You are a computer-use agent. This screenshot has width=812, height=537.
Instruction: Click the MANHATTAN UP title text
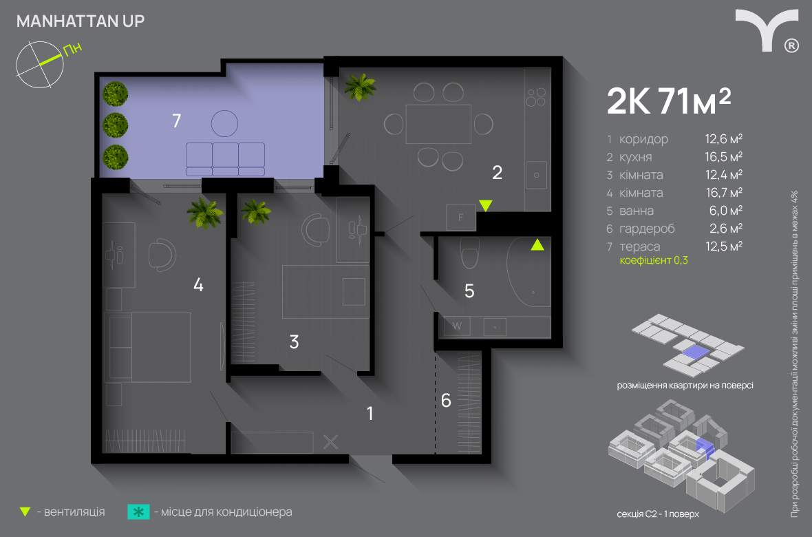(x=81, y=21)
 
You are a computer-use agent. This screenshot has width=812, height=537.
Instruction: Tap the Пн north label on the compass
(x=72, y=49)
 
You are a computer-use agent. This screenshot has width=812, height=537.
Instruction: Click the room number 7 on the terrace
(x=177, y=120)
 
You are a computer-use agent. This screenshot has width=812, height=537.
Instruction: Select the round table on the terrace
(x=225, y=123)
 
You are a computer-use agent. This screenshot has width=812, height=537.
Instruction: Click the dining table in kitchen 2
(x=438, y=124)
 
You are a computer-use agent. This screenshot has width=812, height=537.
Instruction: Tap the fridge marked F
(x=461, y=217)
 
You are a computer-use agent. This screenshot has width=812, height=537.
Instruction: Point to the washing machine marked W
(x=457, y=326)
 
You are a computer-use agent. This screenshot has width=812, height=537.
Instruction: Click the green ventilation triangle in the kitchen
(x=485, y=206)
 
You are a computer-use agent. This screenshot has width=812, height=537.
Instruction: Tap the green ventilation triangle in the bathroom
(x=537, y=244)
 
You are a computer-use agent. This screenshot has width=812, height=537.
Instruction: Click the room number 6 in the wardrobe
(x=446, y=400)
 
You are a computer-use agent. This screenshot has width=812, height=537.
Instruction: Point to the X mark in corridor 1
(x=330, y=442)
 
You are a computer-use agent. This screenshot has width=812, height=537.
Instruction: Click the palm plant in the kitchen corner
(x=360, y=87)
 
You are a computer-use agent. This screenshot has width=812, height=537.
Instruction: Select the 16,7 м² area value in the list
(x=724, y=193)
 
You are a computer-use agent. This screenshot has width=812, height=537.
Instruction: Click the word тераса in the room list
(x=640, y=246)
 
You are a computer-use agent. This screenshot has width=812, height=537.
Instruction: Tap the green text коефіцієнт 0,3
(x=654, y=260)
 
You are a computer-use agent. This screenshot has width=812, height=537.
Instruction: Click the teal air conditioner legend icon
(x=139, y=512)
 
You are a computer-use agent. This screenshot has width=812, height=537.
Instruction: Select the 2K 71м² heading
(x=669, y=101)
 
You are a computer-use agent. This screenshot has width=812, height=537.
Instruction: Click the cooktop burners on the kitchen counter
(x=536, y=98)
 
